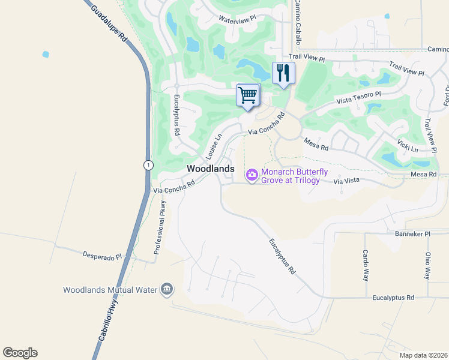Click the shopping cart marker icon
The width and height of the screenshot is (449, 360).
coord(248,95)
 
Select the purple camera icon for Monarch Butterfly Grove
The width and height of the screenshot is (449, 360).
coord(252,175)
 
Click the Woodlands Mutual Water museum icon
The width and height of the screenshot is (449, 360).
coord(167,290)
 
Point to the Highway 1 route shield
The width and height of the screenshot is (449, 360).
coord(148,164)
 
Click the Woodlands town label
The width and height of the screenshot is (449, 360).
coord(210,169)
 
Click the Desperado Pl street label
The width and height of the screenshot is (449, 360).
coord(102,256)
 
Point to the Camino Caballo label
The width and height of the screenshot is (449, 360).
coord(297,22)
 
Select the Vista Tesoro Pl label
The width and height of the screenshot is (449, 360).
coord(358,97)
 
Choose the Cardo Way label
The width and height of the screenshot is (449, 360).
coord(364,265)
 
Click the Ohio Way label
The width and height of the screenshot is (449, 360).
coord(427,265)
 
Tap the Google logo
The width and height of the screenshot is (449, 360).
coord(20,353)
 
